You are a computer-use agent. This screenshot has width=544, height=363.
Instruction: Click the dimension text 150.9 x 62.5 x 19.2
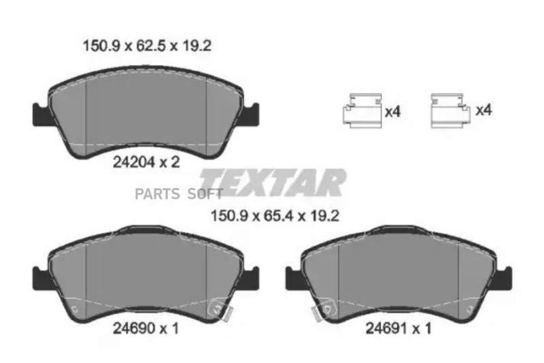(147, 46)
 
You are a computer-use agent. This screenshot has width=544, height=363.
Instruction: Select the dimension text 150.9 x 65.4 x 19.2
(275, 217)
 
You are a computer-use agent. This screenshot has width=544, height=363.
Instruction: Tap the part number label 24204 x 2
(146, 162)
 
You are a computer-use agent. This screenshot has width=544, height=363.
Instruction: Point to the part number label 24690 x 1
(146, 328)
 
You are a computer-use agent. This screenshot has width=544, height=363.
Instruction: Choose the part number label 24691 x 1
(398, 328)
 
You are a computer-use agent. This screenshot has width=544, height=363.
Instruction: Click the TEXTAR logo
(273, 183)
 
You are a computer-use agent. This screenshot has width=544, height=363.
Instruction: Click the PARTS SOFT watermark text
(179, 194)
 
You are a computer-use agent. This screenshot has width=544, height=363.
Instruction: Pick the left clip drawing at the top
(362, 110)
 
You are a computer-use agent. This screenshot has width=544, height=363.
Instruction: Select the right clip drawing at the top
(450, 110)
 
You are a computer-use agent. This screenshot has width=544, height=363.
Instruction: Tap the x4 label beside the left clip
(393, 112)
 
